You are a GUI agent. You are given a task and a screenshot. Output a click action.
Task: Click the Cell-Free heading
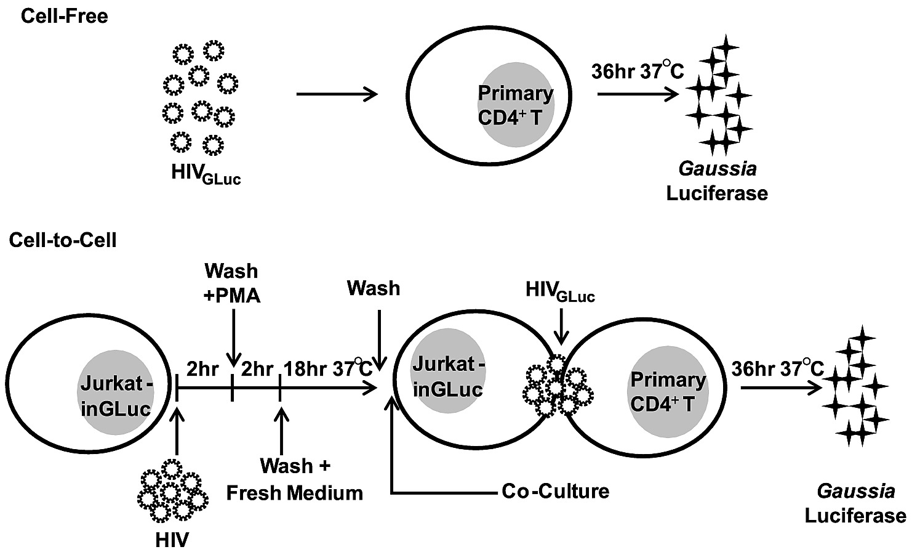point(64,15)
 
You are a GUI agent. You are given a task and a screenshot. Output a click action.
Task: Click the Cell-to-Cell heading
point(63,240)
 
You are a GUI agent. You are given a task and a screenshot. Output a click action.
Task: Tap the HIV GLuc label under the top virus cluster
point(206,174)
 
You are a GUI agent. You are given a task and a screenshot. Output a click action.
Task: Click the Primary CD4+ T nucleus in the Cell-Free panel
point(516,105)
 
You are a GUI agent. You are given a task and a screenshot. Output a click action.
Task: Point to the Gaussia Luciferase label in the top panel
point(717,181)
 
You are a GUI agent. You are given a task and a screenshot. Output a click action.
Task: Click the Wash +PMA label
point(232,283)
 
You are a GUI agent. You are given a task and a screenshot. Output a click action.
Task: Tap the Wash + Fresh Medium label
point(294,479)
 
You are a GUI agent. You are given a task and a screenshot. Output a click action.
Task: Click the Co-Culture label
point(555,491)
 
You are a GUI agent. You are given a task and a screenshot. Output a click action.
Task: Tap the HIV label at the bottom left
point(172,540)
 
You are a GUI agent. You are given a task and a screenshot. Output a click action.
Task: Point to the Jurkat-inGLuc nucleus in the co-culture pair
point(447,375)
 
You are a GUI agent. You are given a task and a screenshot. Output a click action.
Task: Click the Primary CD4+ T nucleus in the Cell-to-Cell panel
point(668,391)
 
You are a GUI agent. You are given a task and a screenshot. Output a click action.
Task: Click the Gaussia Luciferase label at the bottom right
point(855,503)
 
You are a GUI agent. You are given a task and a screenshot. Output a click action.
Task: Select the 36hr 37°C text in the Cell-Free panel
point(637,71)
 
